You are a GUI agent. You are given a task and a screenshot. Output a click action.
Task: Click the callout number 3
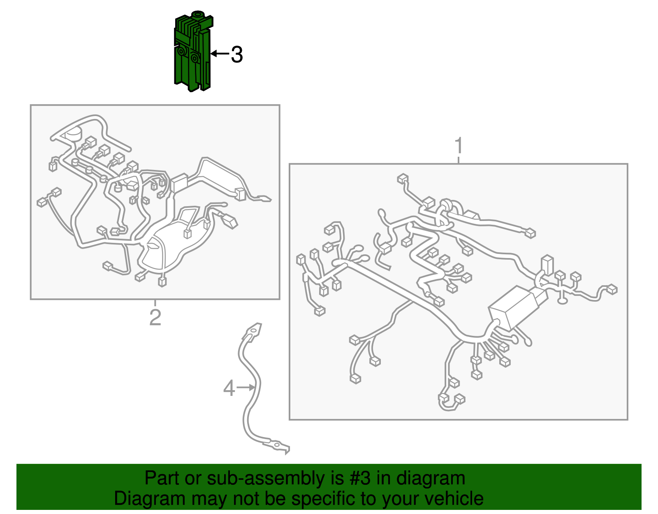237,55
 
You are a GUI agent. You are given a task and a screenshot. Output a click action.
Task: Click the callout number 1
459,146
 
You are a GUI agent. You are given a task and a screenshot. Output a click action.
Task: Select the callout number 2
155,317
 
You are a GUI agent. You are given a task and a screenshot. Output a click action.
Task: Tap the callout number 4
229,388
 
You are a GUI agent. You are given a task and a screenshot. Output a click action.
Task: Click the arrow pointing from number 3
220,54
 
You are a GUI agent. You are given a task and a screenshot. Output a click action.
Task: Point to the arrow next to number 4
246,387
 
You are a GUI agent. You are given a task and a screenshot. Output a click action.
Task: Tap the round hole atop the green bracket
199,14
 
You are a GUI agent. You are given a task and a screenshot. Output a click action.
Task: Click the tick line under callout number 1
459,160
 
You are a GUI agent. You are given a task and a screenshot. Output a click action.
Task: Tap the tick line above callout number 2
155,302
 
